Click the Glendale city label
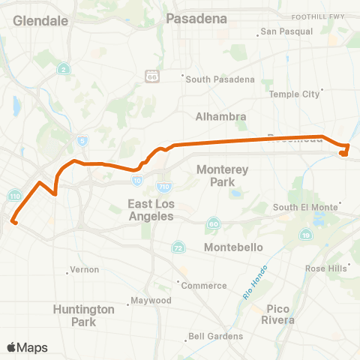(x=40, y=21)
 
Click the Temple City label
(x=295, y=94)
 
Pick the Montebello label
(x=232, y=247)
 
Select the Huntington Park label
(x=83, y=315)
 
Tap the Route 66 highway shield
(x=152, y=76)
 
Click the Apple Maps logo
(x=27, y=347)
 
